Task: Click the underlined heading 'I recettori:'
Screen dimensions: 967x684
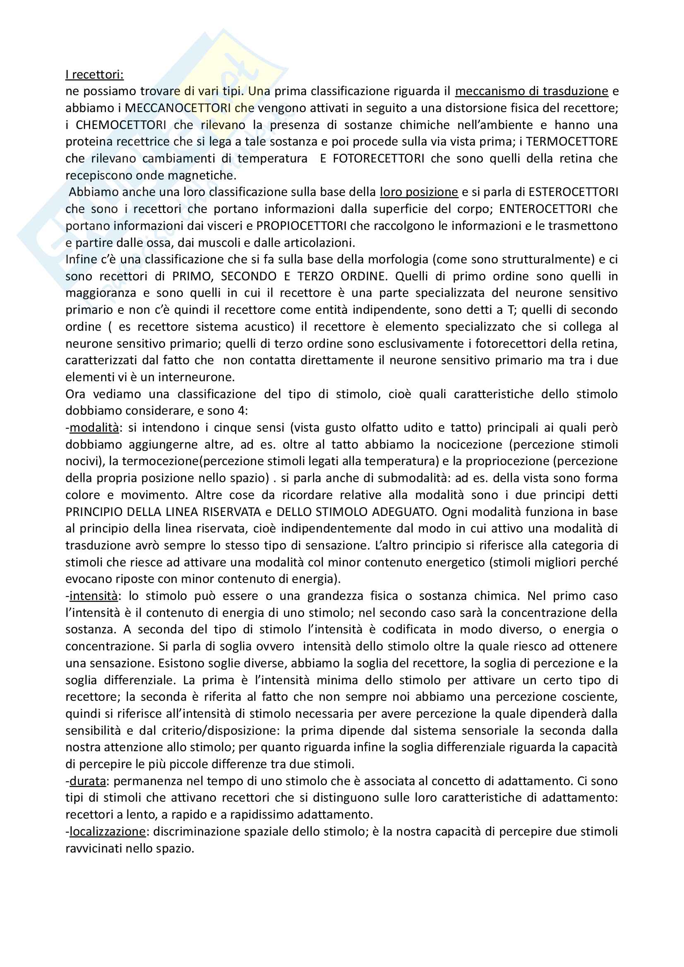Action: click(x=94, y=74)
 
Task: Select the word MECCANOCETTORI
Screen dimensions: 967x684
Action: click(x=178, y=108)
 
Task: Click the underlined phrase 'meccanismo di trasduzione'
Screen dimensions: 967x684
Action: click(x=531, y=91)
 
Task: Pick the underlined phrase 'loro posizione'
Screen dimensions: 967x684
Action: click(x=418, y=192)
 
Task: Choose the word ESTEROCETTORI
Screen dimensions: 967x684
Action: click(x=573, y=192)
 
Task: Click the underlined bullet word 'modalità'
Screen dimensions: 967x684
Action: click(x=94, y=427)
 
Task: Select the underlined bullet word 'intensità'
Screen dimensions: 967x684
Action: click(x=93, y=595)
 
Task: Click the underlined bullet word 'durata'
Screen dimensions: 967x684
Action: click(x=87, y=781)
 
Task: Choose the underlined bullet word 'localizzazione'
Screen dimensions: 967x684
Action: click(x=107, y=831)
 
